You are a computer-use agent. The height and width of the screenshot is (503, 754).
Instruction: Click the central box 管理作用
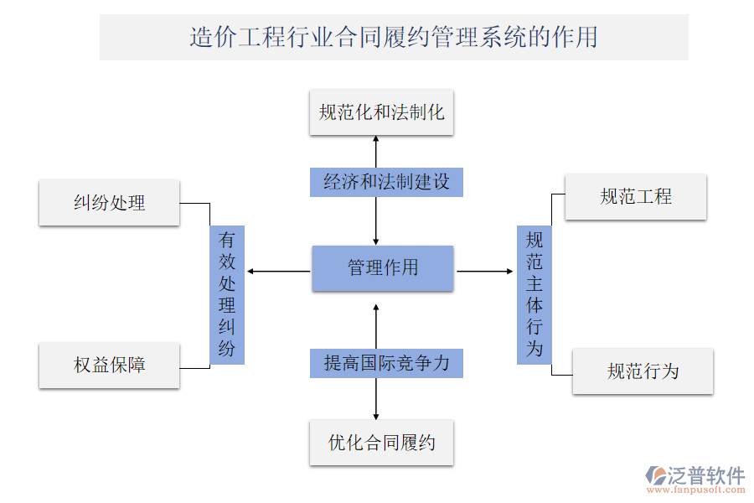[383, 268]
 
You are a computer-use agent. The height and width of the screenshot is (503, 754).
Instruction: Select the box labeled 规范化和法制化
[381, 112]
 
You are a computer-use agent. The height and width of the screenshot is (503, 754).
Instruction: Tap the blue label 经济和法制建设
[386, 181]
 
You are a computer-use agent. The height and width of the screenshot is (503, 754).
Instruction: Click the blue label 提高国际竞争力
[386, 363]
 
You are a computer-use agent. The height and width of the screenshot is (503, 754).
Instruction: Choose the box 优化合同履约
[381, 443]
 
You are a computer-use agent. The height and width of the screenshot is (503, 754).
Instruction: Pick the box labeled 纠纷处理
[109, 202]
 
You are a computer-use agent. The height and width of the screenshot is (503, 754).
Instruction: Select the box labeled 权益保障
[109, 365]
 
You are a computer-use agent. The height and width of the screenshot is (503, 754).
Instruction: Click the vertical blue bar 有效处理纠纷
[227, 294]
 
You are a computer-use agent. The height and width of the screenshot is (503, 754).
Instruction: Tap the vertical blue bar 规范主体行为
[535, 294]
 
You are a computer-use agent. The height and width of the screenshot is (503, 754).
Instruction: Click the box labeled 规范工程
[636, 197]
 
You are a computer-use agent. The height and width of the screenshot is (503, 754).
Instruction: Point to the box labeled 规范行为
[643, 371]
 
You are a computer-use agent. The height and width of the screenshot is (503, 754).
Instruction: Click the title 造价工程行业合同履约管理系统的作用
[394, 37]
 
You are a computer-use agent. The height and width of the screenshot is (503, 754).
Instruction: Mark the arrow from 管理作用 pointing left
[276, 271]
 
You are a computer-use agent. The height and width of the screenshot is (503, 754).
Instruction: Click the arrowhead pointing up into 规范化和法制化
[376, 139]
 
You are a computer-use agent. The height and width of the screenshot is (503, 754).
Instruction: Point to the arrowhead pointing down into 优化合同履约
[376, 414]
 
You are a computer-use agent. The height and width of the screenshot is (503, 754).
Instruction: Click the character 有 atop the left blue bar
[227, 240]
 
